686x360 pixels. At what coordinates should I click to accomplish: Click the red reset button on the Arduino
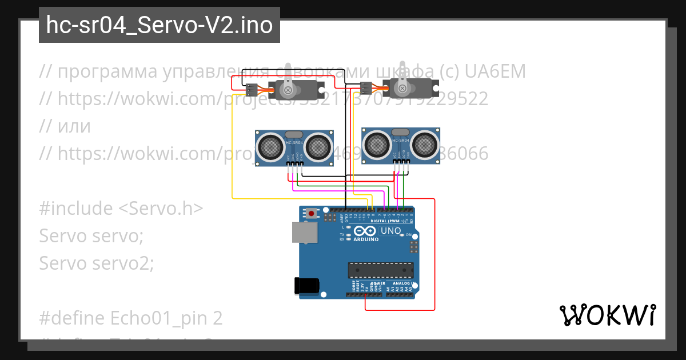coord(311,214)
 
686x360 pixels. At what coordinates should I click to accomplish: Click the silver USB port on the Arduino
coord(305,233)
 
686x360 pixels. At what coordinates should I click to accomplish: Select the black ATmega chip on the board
coord(381,270)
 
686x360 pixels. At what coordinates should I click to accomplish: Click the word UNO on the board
coord(391,230)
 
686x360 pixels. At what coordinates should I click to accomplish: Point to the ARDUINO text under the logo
coord(366,239)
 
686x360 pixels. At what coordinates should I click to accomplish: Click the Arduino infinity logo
coord(365,231)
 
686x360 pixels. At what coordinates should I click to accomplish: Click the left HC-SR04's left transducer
coord(269,146)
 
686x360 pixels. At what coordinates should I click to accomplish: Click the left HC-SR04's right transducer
coord(317,146)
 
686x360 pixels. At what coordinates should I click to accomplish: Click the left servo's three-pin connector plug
coord(252,90)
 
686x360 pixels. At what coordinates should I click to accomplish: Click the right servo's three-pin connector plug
coord(366,87)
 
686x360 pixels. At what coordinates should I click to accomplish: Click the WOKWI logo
coord(607,315)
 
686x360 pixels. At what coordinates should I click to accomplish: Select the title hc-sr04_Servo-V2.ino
coord(159,25)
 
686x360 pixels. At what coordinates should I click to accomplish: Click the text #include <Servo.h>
coord(121,208)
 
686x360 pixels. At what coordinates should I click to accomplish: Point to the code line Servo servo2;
coord(97,263)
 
